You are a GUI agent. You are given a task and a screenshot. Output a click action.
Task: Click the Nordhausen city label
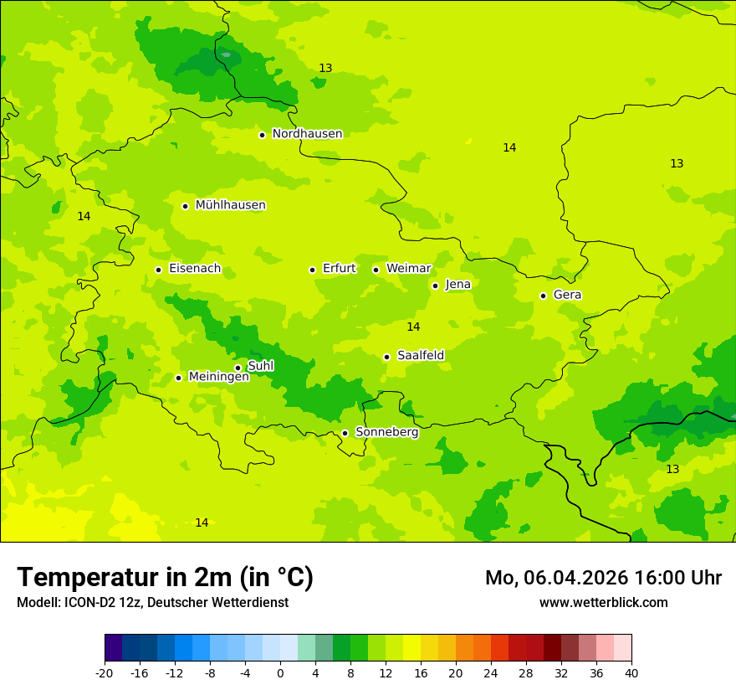coord(307,134)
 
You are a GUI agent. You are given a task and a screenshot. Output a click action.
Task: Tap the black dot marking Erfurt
coord(312,270)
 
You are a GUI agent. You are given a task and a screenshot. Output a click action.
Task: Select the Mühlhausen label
coord(230,205)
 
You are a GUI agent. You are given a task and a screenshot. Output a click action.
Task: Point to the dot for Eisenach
coord(158,270)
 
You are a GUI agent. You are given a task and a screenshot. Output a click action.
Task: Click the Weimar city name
coord(408,269)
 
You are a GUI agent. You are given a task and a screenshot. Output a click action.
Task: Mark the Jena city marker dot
coord(435,286)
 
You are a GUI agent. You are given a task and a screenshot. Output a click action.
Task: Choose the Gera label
coord(567,295)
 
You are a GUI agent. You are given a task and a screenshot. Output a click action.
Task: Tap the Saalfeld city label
coord(421,356)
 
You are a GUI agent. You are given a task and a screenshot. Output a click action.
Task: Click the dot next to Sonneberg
coord(345,433)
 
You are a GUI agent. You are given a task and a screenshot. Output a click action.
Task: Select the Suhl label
coord(260,366)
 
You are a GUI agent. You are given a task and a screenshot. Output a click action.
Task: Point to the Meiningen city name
coord(218,377)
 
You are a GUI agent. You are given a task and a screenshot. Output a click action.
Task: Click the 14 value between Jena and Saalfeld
coord(413,327)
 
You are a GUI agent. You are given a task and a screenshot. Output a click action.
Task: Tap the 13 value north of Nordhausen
coord(325,68)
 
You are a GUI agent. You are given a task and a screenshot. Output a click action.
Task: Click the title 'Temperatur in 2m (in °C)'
coord(165,577)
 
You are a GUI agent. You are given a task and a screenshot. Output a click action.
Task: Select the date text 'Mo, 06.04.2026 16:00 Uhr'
coord(603,578)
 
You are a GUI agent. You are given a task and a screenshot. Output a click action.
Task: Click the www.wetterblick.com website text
coord(603,602)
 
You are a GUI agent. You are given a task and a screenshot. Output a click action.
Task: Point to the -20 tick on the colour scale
coord(105,672)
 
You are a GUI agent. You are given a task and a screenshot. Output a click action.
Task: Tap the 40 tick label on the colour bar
coord(631,672)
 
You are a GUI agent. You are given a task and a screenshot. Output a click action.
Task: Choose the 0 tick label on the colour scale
coord(280,672)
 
